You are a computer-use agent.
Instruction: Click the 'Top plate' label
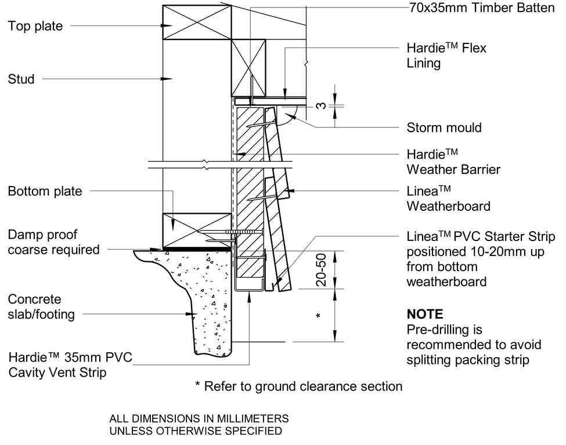pyautogui.click(x=35, y=26)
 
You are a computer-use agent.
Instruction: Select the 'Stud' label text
pyautogui.click(x=21, y=79)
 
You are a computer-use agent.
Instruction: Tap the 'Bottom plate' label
pyautogui.click(x=45, y=191)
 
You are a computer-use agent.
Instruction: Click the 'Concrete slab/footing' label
pyautogui.click(x=41, y=307)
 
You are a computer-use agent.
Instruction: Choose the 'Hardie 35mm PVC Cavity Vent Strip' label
pyautogui.click(x=70, y=365)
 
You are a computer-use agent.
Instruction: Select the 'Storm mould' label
pyautogui.click(x=444, y=127)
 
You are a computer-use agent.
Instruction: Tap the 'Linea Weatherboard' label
pyautogui.click(x=448, y=198)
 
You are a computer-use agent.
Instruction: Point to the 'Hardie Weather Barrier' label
pyautogui.click(x=453, y=162)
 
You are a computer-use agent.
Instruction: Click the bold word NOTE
pyautogui.click(x=424, y=315)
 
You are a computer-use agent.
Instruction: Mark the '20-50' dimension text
pyautogui.click(x=321, y=269)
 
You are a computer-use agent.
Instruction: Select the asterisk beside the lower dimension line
pyautogui.click(x=318, y=316)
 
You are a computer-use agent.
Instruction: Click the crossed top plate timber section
pyautogui.click(x=197, y=22)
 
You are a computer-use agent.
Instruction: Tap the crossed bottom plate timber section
pyautogui.click(x=197, y=231)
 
